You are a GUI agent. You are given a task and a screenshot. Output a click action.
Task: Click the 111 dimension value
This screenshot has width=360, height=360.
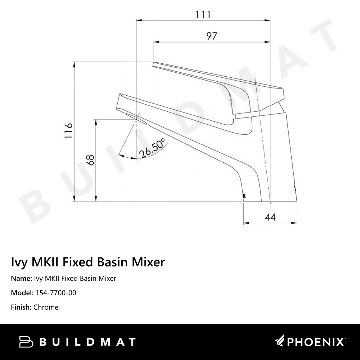click(x=203, y=14)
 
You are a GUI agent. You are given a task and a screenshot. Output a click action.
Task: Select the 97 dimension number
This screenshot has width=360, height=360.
click(x=212, y=36)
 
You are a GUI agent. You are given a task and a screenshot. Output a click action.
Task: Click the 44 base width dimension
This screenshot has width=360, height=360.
click(x=270, y=217)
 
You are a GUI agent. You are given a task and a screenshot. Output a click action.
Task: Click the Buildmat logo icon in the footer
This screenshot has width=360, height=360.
click(x=26, y=342)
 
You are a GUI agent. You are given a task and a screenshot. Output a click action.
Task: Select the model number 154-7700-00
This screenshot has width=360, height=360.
click(x=56, y=293)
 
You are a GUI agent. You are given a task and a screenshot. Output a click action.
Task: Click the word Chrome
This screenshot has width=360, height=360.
click(x=46, y=307)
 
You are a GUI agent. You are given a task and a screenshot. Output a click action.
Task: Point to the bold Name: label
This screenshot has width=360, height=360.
click(x=22, y=279)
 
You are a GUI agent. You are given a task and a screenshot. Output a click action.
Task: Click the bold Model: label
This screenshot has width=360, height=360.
click(x=23, y=293)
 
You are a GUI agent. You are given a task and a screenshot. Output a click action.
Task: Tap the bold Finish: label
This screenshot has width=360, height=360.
click(x=21, y=307)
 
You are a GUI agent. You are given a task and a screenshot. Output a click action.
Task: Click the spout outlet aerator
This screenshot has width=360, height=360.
click(x=136, y=117)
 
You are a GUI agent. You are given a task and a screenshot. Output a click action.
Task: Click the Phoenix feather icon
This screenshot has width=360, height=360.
click(x=279, y=341)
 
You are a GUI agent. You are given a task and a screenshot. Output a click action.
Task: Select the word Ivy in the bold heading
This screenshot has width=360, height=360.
click(x=20, y=262)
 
